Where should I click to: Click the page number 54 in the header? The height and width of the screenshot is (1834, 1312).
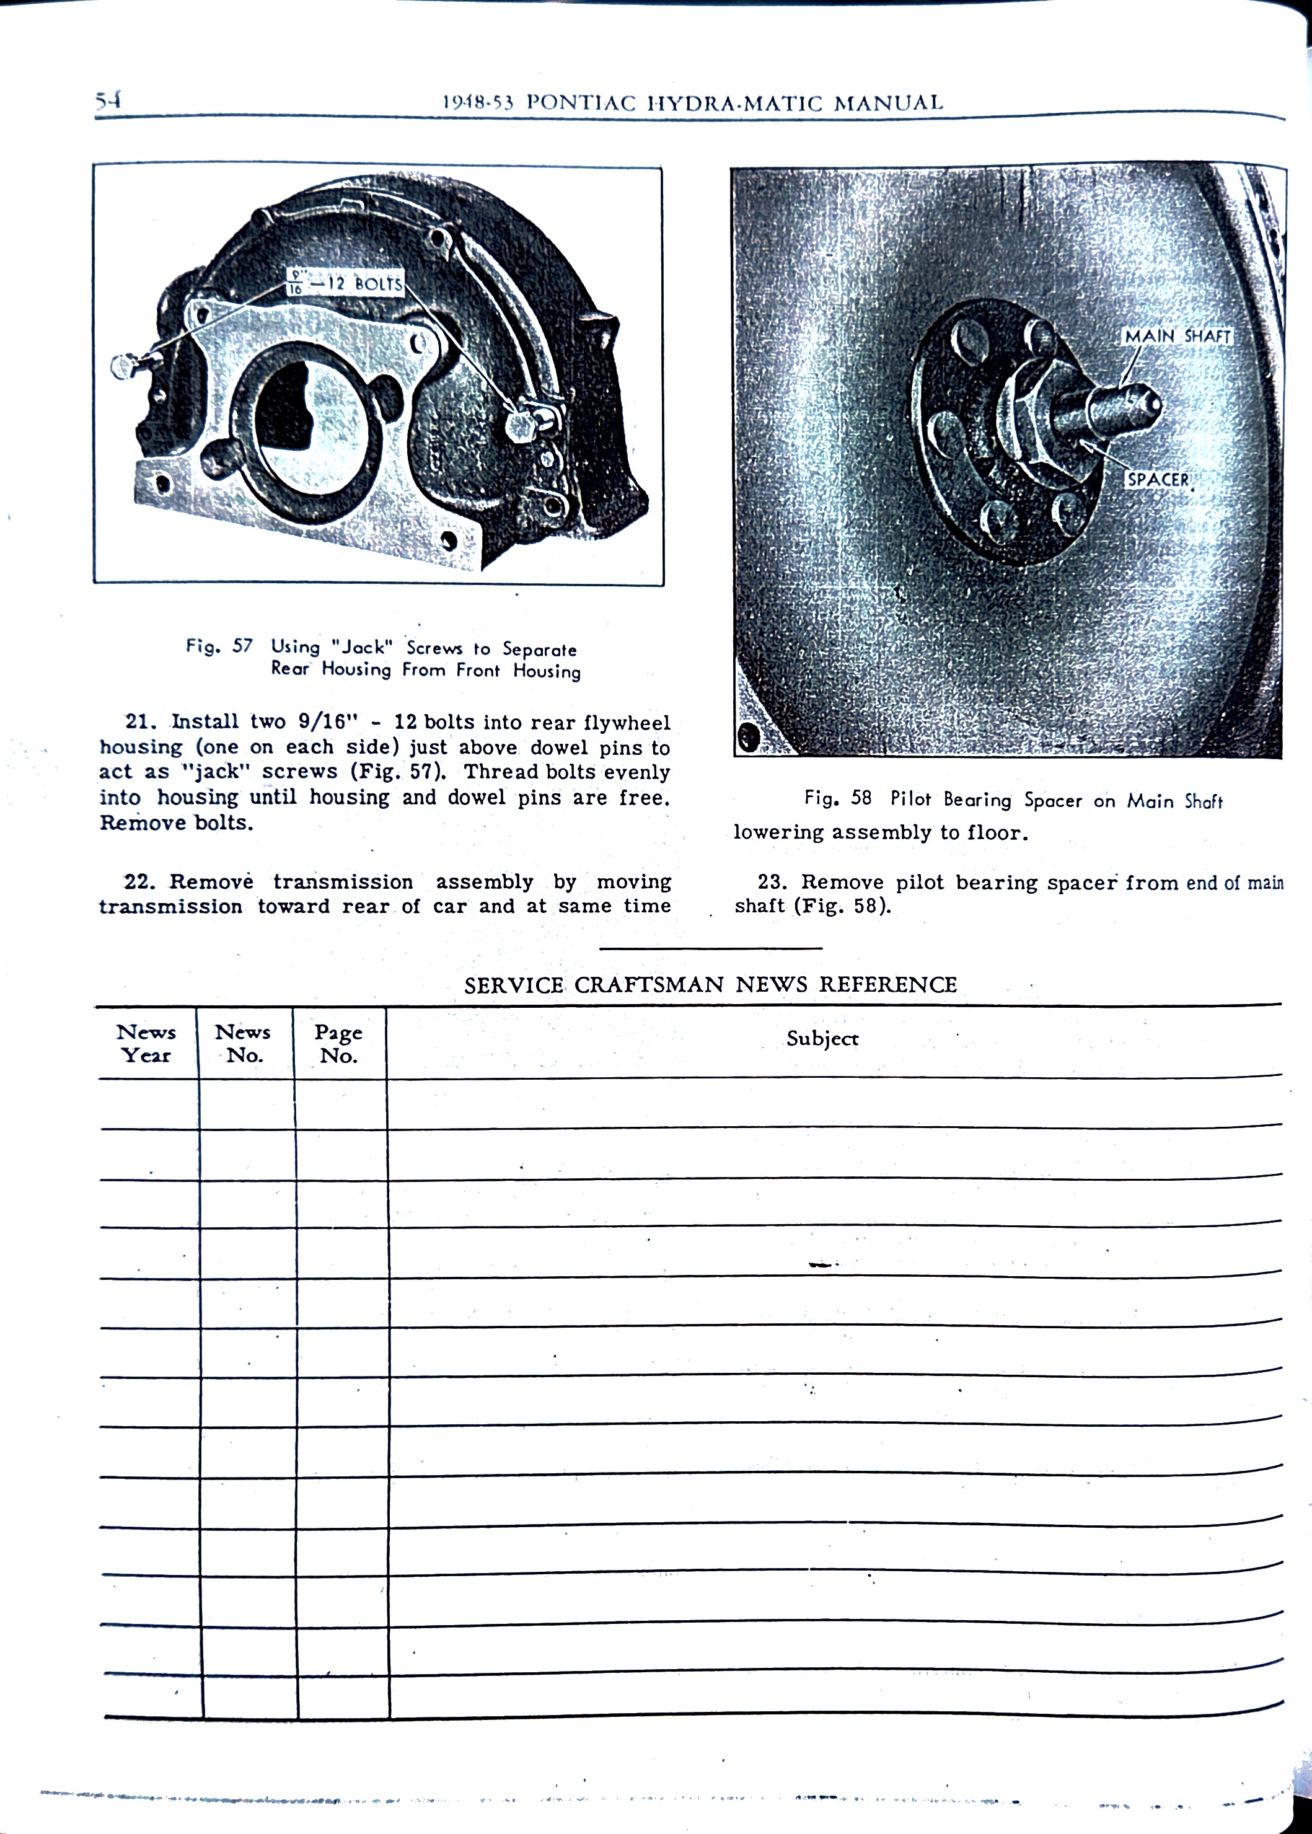(x=107, y=100)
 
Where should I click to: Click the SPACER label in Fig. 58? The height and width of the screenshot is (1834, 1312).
(x=1158, y=479)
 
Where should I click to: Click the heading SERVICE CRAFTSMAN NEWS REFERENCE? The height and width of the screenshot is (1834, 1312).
(x=710, y=984)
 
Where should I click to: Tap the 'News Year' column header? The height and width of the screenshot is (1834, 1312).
(x=146, y=1043)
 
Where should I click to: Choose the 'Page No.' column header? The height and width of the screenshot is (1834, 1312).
(x=338, y=1043)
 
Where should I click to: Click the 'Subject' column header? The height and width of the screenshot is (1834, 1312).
(x=822, y=1038)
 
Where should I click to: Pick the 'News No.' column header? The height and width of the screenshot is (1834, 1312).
(x=242, y=1043)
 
